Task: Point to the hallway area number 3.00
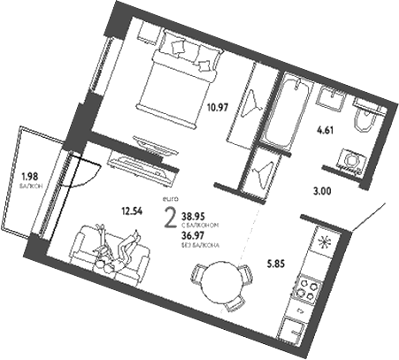coord(329,187)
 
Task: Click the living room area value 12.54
coord(134,211)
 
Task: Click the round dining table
coord(218,281)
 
